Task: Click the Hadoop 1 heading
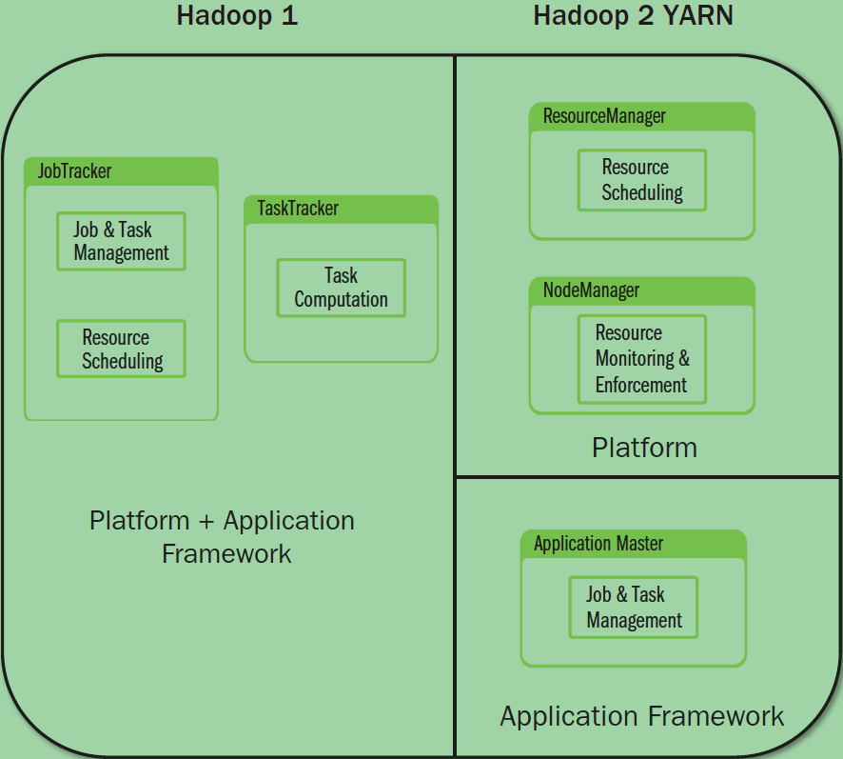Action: click(237, 17)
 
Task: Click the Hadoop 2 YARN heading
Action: click(633, 17)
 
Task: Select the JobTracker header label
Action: click(74, 171)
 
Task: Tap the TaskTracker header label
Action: click(298, 209)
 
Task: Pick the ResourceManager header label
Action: click(604, 116)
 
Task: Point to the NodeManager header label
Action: click(591, 290)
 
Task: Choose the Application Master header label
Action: click(598, 544)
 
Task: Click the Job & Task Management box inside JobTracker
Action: click(121, 241)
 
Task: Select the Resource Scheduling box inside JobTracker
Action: click(121, 349)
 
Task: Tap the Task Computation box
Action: click(341, 288)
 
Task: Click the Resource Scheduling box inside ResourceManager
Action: click(642, 180)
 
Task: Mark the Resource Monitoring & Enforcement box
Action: click(642, 359)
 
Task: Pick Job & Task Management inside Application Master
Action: click(633, 608)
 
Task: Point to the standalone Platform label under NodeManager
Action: click(644, 448)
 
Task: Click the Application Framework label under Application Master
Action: click(642, 716)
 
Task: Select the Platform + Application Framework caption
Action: click(223, 536)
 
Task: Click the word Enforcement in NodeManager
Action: click(640, 386)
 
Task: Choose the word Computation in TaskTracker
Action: click(341, 300)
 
